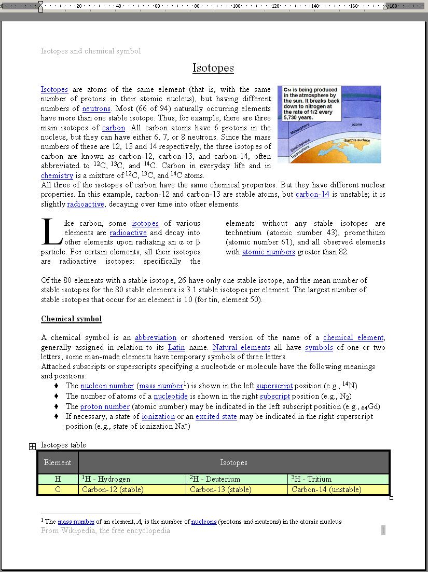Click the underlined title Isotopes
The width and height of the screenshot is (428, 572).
[213, 68]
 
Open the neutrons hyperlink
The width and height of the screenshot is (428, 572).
[96, 109]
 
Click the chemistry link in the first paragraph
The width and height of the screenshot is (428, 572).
[57, 176]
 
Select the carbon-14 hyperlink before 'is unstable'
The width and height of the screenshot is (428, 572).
[312, 195]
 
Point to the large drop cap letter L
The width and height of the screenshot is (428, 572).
[52, 233]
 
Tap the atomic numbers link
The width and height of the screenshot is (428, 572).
[268, 252]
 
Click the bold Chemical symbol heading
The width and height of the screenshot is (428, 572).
[71, 319]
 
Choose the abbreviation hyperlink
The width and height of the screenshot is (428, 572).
[156, 338]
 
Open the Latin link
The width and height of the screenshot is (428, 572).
[176, 348]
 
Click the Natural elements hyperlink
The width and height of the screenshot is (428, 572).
[241, 348]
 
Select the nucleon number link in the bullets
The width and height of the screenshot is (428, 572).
[107, 386]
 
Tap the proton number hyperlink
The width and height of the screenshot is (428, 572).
[105, 407]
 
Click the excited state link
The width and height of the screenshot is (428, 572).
[216, 417]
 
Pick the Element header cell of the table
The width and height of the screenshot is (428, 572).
[58, 462]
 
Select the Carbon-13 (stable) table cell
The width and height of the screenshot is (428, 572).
[220, 490]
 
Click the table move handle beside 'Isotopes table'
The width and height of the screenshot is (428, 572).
[32, 446]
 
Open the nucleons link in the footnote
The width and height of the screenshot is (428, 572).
[204, 522]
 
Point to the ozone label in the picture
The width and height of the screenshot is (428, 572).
[357, 125]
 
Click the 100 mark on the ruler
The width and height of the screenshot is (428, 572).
[237, 6]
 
